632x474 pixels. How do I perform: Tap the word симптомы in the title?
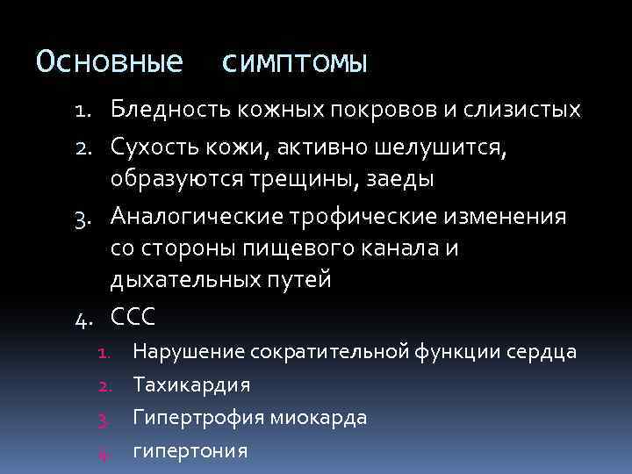point(295,63)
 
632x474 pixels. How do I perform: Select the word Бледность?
point(167,110)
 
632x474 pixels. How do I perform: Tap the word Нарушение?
point(188,353)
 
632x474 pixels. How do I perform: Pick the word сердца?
point(544,353)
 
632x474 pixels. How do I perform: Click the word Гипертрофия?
point(194,418)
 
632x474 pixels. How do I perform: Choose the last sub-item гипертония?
point(190,451)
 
